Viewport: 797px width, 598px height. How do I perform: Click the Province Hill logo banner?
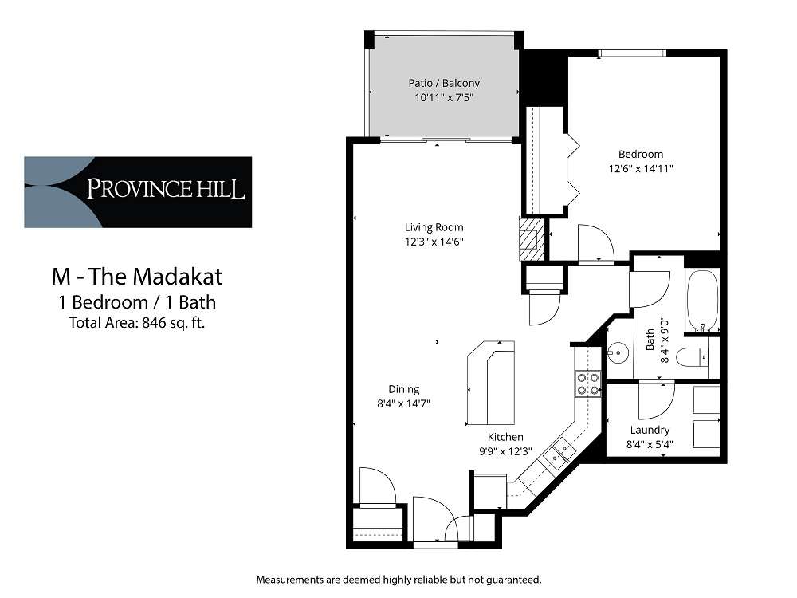pyautogui.click(x=138, y=191)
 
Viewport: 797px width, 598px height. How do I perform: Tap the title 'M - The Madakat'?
pyautogui.click(x=137, y=277)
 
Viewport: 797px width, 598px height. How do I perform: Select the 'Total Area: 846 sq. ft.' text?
pyautogui.click(x=137, y=323)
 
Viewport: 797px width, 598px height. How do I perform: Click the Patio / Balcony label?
pyautogui.click(x=444, y=83)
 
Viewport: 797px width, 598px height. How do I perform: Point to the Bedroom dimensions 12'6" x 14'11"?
pyautogui.click(x=641, y=168)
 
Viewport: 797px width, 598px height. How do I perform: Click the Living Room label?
pyautogui.click(x=434, y=227)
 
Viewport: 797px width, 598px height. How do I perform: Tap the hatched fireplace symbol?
pyautogui.click(x=531, y=239)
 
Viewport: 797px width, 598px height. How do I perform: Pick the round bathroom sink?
pyautogui.click(x=618, y=352)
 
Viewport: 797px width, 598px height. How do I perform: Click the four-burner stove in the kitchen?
pyautogui.click(x=587, y=384)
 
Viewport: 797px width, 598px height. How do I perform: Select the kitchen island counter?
pyautogui.click(x=490, y=383)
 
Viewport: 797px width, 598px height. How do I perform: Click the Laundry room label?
pyautogui.click(x=650, y=431)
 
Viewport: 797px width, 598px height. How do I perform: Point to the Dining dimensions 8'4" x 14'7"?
pyautogui.click(x=403, y=403)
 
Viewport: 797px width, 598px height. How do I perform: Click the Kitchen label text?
pyautogui.click(x=505, y=437)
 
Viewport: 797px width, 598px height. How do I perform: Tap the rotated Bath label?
pyautogui.click(x=650, y=340)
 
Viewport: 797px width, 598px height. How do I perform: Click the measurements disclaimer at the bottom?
pyautogui.click(x=399, y=580)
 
